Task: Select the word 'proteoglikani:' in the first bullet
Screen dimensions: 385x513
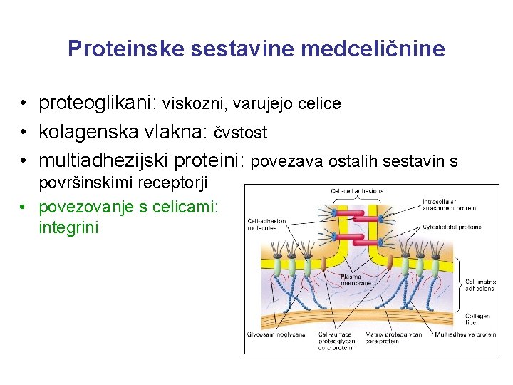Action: (x=98, y=103)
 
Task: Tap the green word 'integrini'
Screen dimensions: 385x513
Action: (x=69, y=228)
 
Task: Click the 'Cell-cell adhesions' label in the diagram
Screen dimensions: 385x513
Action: (x=357, y=190)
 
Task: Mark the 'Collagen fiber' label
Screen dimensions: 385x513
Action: (x=477, y=319)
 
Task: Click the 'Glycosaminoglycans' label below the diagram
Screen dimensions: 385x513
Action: (x=276, y=334)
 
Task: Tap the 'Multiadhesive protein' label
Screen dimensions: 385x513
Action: (x=465, y=334)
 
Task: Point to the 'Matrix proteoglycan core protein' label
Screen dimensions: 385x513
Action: (x=393, y=337)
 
